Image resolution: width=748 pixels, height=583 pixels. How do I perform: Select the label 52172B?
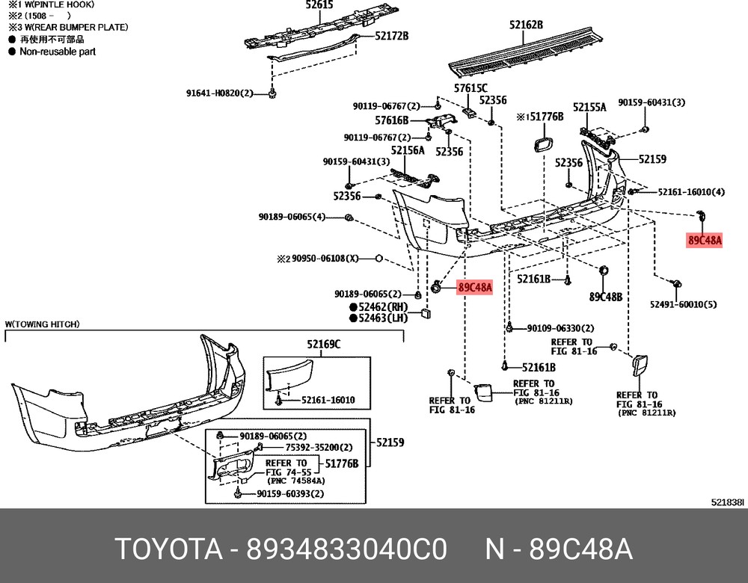pyautogui.click(x=391, y=35)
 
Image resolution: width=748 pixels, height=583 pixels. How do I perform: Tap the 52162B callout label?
pyautogui.click(x=526, y=25)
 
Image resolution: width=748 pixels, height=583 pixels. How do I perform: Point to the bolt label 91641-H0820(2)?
pyautogui.click(x=220, y=93)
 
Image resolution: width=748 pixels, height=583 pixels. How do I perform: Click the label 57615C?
pyautogui.click(x=470, y=88)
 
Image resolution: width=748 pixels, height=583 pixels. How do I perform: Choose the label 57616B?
pyautogui.click(x=392, y=120)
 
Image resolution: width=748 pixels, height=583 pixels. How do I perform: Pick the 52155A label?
pyautogui.click(x=589, y=108)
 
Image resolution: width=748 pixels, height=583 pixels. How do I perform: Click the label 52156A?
pyautogui.click(x=407, y=150)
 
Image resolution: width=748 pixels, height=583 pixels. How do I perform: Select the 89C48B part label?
pyautogui.click(x=605, y=297)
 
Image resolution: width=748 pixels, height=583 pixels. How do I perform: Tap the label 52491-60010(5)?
pyautogui.click(x=683, y=304)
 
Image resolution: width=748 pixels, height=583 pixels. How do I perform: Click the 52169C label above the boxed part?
pyautogui.click(x=323, y=345)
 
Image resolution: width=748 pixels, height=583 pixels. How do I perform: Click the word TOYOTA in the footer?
pyautogui.click(x=169, y=549)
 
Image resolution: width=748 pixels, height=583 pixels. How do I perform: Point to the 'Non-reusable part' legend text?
pyautogui.click(x=58, y=52)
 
